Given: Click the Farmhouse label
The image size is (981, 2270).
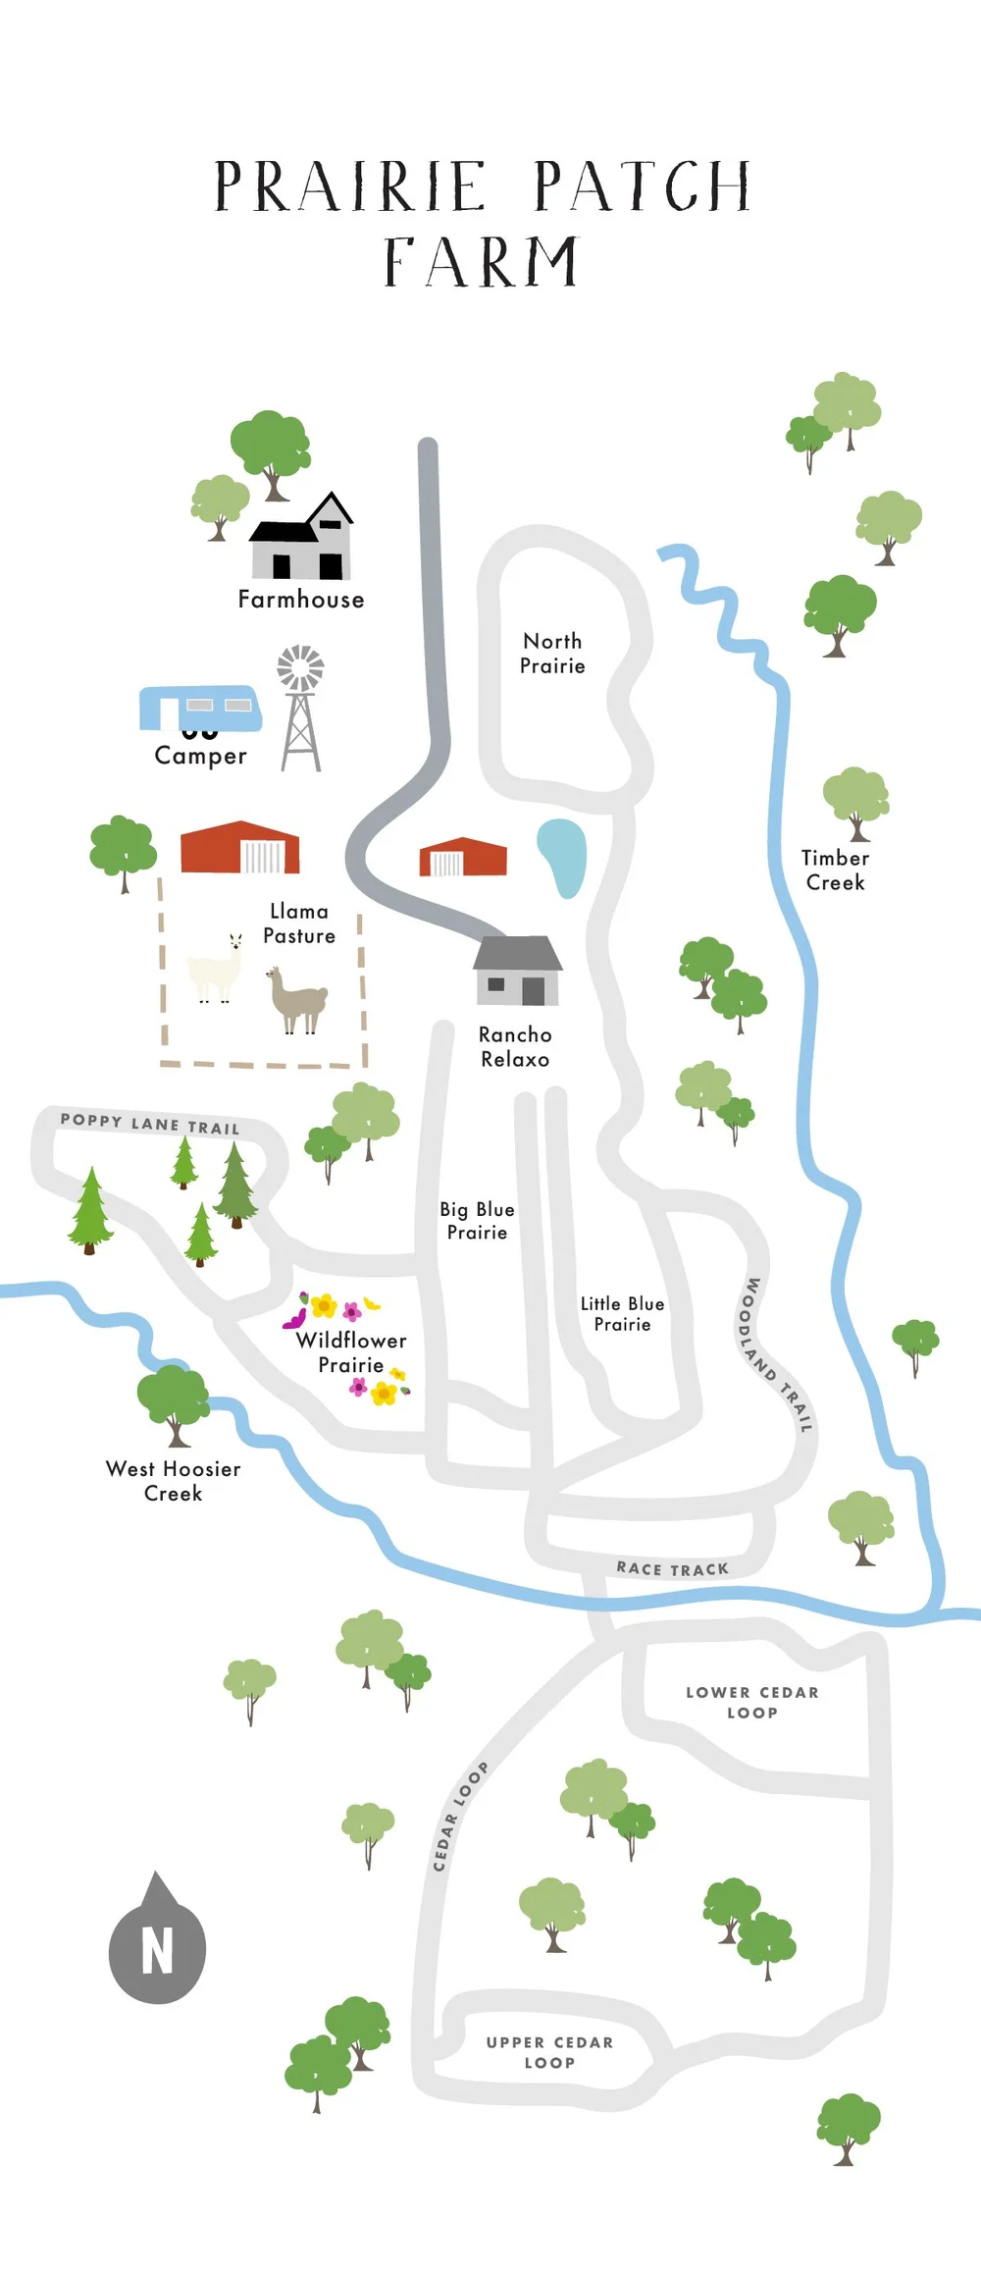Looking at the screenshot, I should (301, 600).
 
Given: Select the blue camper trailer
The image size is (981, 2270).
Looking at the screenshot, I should (201, 708).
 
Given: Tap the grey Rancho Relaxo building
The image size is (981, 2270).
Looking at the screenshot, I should (518, 972).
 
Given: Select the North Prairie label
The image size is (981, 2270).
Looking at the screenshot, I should (552, 654).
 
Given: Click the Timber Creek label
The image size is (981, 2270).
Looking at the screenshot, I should (836, 871).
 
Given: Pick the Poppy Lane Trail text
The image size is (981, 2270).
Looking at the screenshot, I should (150, 1124).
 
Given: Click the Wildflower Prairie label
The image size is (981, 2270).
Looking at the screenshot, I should (351, 1352).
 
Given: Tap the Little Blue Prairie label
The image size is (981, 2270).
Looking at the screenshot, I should (623, 1314).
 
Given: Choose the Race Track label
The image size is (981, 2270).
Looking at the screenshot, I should (673, 1568).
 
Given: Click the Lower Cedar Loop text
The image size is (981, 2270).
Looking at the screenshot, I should (752, 1702).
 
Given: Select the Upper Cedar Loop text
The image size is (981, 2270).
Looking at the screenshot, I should (549, 2052).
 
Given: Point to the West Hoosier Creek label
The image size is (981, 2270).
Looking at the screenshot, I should (174, 1481).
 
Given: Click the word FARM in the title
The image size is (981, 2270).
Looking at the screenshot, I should (481, 263).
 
